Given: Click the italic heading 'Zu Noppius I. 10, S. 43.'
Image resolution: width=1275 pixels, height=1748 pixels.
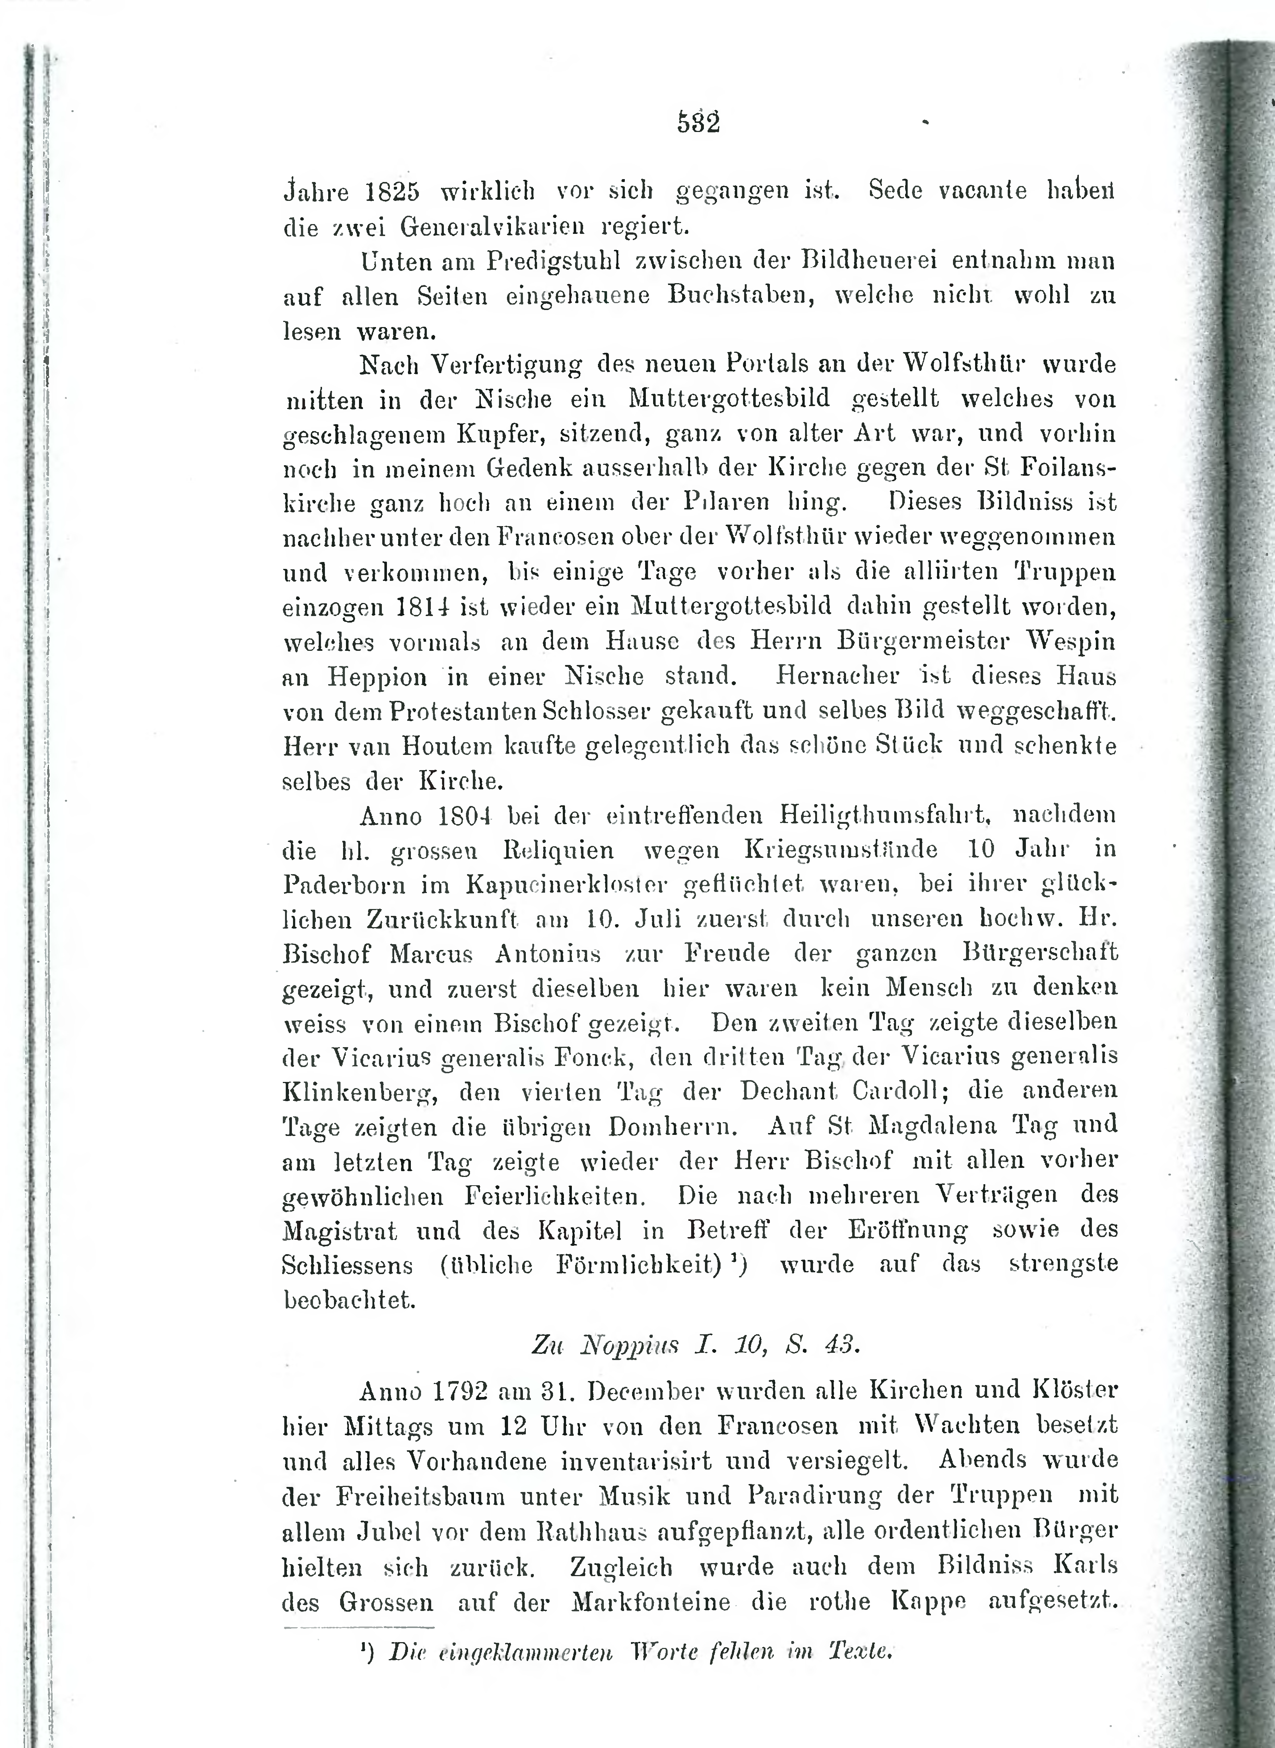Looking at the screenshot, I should click(694, 1345).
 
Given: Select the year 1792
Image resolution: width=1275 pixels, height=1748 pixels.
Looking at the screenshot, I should click(461, 1391).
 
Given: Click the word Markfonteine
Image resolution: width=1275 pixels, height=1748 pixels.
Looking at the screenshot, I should click(651, 1602).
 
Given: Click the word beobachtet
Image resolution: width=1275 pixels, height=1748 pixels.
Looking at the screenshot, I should click(350, 1300).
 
